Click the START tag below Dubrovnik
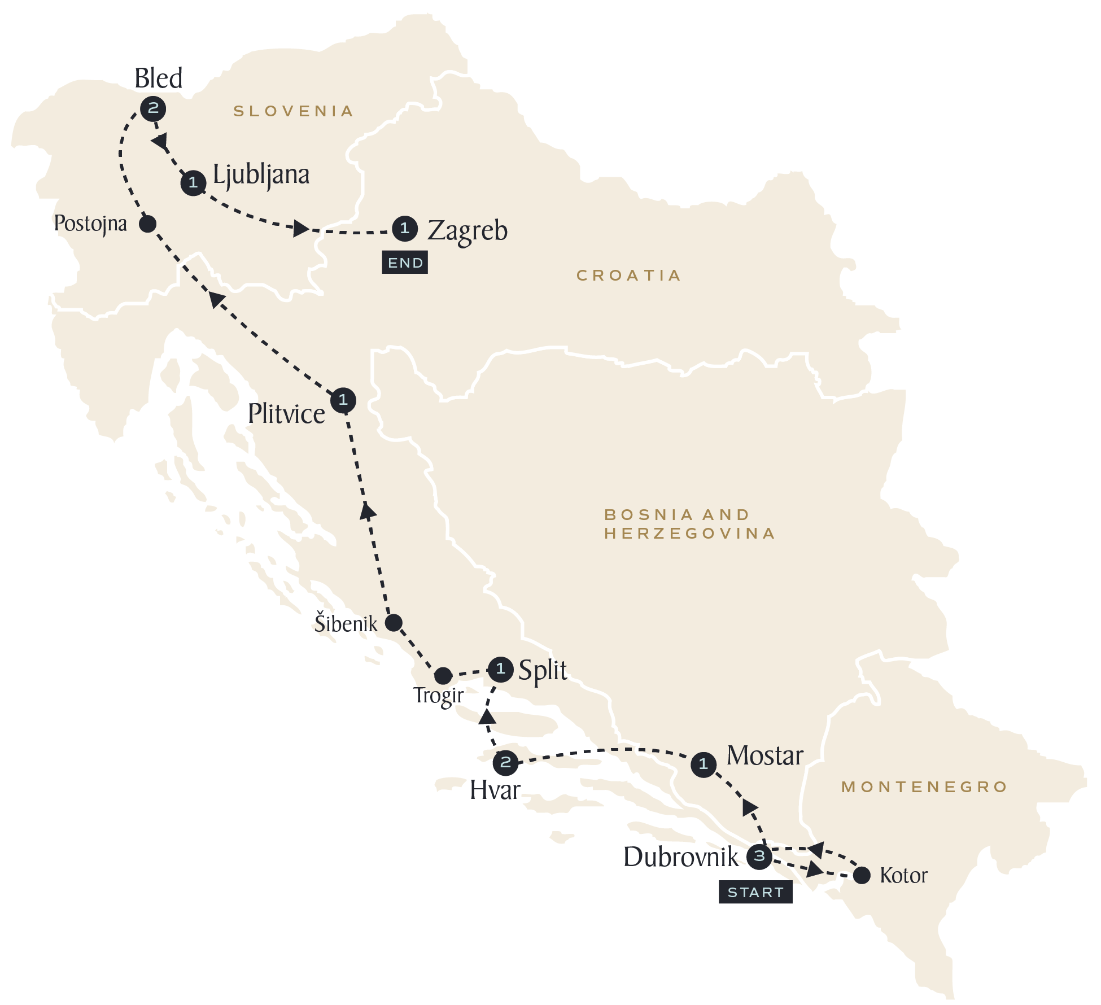pyautogui.click(x=755, y=893)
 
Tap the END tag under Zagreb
pyautogui.click(x=405, y=263)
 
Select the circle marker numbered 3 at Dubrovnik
pyautogui.click(x=759, y=856)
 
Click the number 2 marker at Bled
pyautogui.click(x=153, y=108)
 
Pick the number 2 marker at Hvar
pyautogui.click(x=505, y=763)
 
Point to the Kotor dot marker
pyautogui.click(x=861, y=876)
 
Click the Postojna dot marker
pyautogui.click(x=147, y=224)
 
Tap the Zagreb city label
pyautogui.click(x=468, y=230)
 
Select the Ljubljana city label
pyautogui.click(x=261, y=175)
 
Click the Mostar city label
pyautogui.click(x=764, y=755)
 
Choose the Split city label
pyautogui.click(x=542, y=670)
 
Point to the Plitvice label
pyautogui.click(x=286, y=414)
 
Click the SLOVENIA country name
pyautogui.click(x=294, y=111)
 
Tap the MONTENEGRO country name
pyautogui.click(x=924, y=787)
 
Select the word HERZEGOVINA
pyautogui.click(x=689, y=534)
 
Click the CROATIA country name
pyautogui.click(x=628, y=276)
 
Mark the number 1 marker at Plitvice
pyautogui.click(x=343, y=400)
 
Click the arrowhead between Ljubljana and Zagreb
pyautogui.click(x=301, y=229)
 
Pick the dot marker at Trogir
pyautogui.click(x=443, y=675)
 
